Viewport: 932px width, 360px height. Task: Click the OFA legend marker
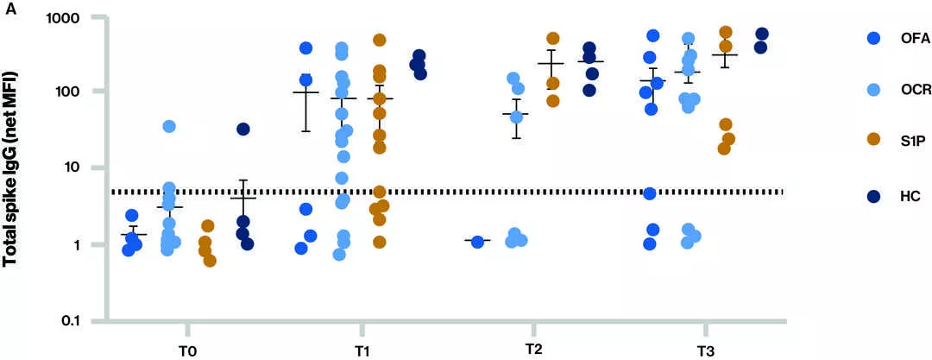(872, 39)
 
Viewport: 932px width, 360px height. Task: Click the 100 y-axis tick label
(72, 92)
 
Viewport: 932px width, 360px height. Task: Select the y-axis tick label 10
(76, 167)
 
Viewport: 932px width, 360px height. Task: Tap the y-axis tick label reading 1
(79, 244)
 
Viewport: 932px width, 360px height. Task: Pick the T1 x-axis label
(362, 351)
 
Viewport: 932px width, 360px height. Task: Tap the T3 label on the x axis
(706, 351)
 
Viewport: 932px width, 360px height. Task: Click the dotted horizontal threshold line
(449, 192)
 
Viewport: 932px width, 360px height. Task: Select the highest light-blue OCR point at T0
(169, 127)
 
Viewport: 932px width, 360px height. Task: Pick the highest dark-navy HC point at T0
(243, 129)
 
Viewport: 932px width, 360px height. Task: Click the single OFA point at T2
(477, 242)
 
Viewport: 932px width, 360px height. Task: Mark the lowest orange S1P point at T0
(210, 261)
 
